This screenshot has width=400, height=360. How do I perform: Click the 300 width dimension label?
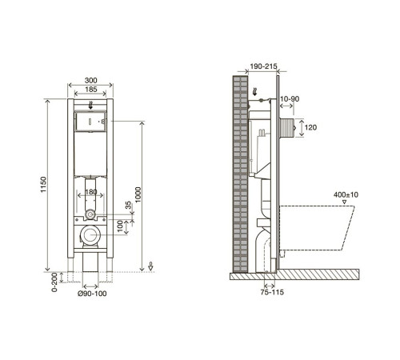pos(90,80)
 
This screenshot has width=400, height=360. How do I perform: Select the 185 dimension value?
pos(90,90)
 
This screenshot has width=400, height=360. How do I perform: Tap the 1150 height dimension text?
pos(43,185)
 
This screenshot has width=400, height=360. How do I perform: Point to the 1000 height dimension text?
pos(138,194)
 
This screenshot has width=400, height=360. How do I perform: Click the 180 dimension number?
pos(90,192)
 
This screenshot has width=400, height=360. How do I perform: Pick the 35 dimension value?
pos(128,205)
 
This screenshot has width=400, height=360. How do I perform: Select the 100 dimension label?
pos(120,226)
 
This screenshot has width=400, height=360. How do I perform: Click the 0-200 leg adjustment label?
pos(54,282)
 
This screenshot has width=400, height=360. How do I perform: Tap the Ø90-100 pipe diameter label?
pos(92,294)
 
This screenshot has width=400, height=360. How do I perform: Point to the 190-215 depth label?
pos(264,66)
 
